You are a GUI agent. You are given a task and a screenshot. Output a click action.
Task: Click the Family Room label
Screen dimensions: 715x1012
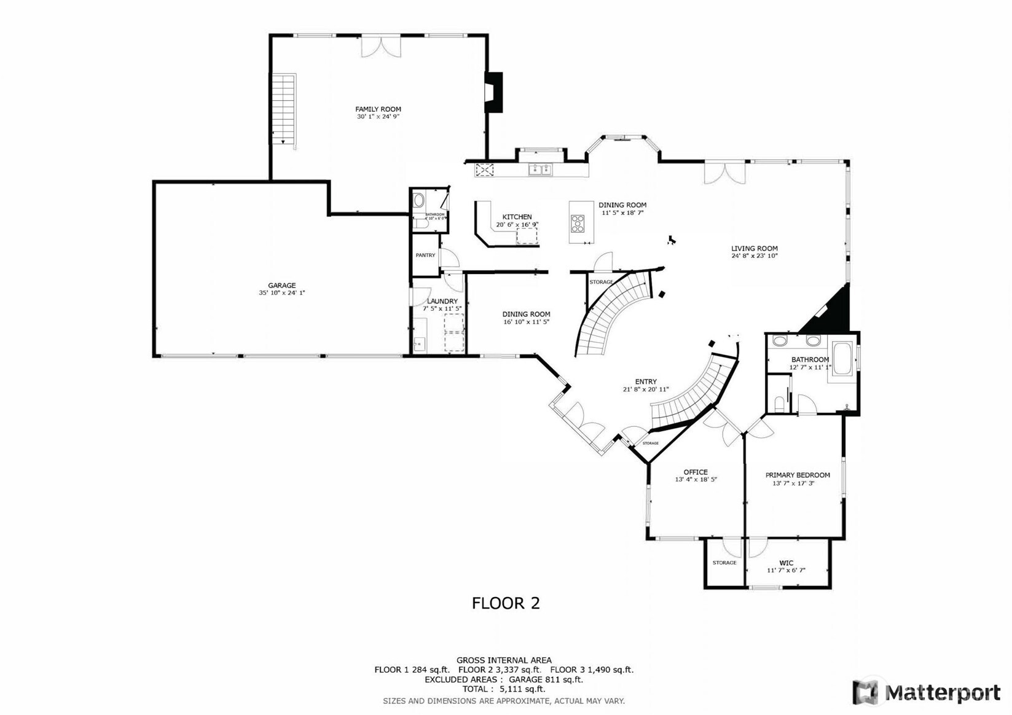[378, 109]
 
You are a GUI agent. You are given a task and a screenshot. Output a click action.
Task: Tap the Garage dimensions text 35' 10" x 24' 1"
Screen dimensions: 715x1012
[281, 293]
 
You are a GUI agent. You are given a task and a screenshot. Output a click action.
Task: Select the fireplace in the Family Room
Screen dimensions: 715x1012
[493, 93]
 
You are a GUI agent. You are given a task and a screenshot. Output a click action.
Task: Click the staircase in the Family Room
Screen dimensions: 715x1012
[284, 109]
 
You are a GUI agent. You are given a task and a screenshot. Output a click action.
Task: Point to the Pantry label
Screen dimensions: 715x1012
[425, 255]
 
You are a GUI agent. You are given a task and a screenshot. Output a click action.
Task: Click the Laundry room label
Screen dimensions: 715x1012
[442, 301]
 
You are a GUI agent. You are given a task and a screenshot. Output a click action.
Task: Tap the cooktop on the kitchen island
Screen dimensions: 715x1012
[578, 224]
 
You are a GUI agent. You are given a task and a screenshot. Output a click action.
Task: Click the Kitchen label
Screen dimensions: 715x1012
[517, 217]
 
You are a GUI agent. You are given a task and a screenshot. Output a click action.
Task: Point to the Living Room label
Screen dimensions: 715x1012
[754, 249]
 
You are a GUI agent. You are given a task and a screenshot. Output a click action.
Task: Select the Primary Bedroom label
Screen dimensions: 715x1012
[797, 475]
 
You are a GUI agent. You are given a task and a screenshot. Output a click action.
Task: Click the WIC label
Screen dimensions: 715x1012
[786, 563]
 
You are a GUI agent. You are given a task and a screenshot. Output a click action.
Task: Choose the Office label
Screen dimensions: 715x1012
[696, 472]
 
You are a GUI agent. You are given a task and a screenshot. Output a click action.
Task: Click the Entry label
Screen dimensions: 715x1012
[645, 381]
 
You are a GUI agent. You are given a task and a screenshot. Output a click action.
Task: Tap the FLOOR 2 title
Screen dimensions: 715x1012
[506, 603]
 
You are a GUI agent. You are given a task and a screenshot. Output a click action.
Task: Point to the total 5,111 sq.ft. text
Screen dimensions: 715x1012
[504, 689]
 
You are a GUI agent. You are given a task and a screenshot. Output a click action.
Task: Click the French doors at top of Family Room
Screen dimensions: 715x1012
[381, 47]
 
